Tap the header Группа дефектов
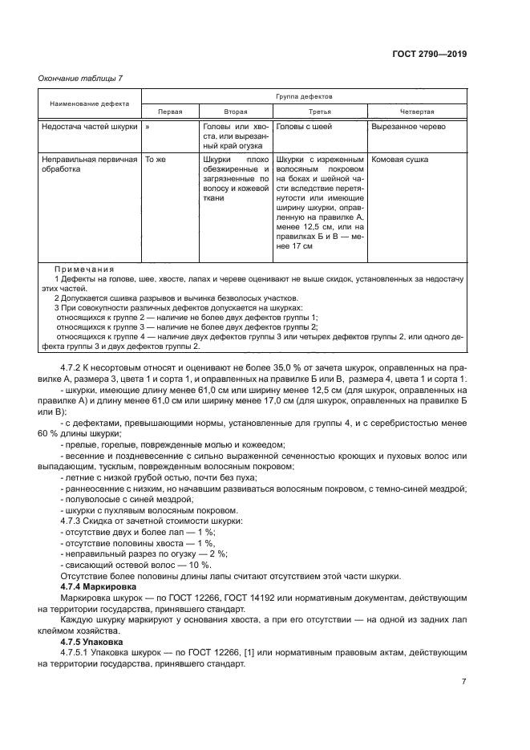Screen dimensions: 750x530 [x=303, y=95]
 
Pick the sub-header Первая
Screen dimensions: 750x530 [x=169, y=112]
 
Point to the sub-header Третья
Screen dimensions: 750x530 [x=320, y=112]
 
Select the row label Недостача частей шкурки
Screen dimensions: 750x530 [x=89, y=127]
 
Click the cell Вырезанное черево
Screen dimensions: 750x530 [x=408, y=127]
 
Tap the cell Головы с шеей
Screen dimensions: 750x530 [x=304, y=127]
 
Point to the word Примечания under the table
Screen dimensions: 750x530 [x=83, y=269]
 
